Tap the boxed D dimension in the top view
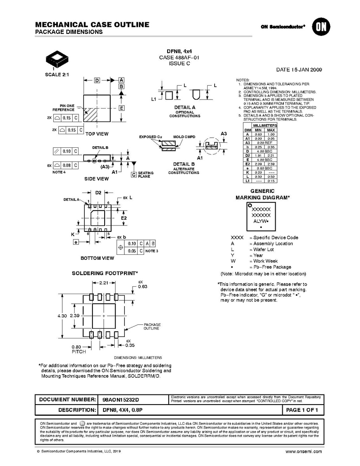point(97,81)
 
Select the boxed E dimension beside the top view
point(121,108)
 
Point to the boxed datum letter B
point(121,86)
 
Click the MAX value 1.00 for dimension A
point(271,134)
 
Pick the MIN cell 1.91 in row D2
point(258,155)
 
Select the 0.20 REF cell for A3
point(264,143)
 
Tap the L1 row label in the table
point(247,180)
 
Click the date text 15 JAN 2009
point(299,70)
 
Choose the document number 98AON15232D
point(121,399)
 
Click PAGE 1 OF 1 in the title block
point(302,410)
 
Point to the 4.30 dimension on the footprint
point(62,316)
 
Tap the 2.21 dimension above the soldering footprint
point(103,283)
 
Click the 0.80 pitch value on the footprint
point(76,347)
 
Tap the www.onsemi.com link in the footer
point(304,452)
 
